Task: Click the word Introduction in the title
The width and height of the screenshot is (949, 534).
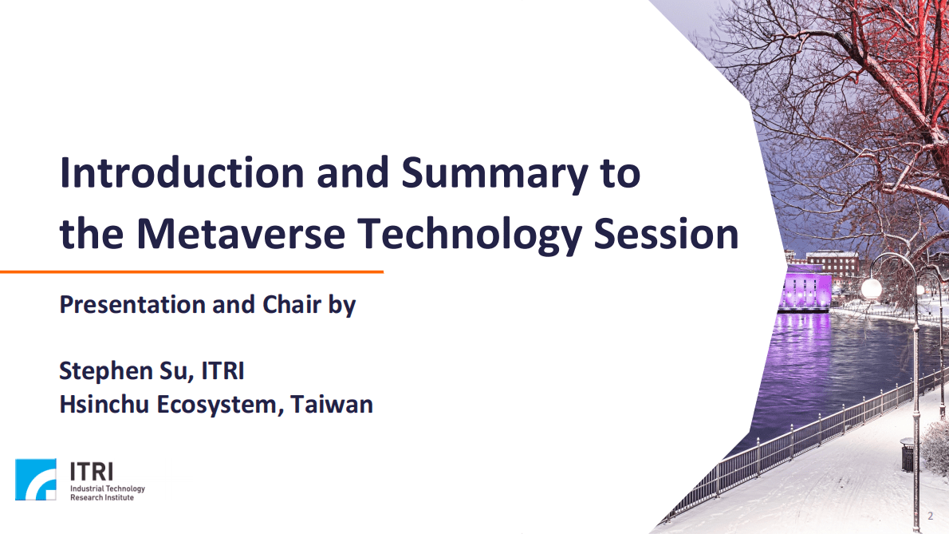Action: (182, 173)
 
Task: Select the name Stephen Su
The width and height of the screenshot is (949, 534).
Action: (124, 371)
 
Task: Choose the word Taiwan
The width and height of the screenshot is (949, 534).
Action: (332, 404)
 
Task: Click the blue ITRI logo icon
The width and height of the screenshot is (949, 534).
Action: (36, 479)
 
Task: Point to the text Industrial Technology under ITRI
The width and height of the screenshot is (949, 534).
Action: (108, 488)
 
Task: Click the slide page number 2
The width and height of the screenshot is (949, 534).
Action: (930, 515)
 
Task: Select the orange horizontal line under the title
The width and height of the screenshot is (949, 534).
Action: (191, 272)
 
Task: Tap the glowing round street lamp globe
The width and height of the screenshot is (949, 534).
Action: (872, 288)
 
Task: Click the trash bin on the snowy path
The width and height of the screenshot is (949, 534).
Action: (908, 454)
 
